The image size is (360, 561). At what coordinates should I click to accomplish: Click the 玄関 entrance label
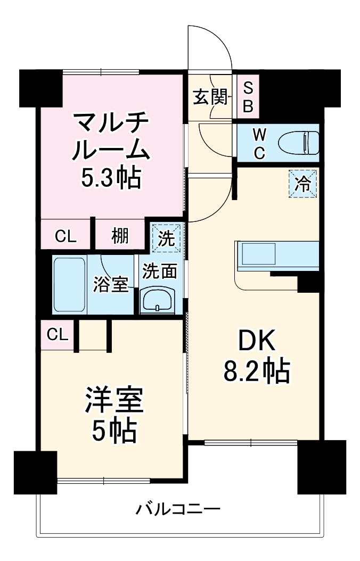[210, 97]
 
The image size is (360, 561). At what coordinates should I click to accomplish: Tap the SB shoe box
[248, 97]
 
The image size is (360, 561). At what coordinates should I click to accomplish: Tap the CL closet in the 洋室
[57, 335]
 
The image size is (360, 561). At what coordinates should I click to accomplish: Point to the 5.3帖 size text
[111, 179]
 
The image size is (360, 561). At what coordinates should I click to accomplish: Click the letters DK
[257, 341]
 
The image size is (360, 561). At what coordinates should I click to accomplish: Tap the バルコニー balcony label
[177, 510]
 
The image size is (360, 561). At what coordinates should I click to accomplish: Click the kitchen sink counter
[277, 254]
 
